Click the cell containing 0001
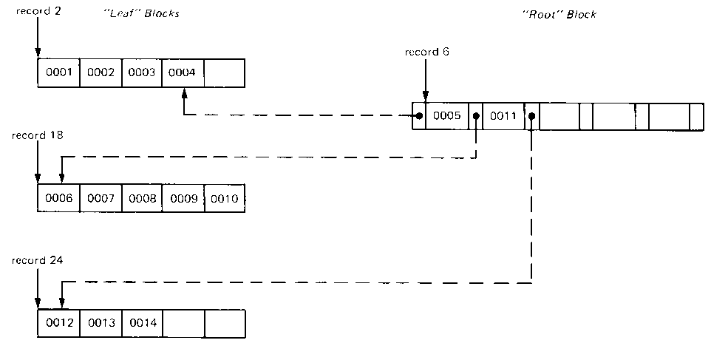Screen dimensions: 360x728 tap(58, 72)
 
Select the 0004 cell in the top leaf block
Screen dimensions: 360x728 tap(182, 72)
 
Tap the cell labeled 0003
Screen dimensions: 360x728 tap(140, 72)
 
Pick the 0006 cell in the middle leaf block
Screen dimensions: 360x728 tap(58, 199)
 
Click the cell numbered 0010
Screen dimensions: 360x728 tap(224, 199)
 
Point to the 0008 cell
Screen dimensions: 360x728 tap(140, 199)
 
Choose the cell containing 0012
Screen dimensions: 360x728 tap(58, 323)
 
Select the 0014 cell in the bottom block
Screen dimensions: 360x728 tap(140, 323)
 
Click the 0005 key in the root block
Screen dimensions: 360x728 tap(447, 116)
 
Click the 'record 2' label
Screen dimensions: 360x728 tap(34, 13)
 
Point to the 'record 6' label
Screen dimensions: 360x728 tap(426, 52)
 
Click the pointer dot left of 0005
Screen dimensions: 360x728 tap(418, 116)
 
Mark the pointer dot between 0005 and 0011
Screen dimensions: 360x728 tap(475, 116)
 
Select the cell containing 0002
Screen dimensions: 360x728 tap(99, 72)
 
